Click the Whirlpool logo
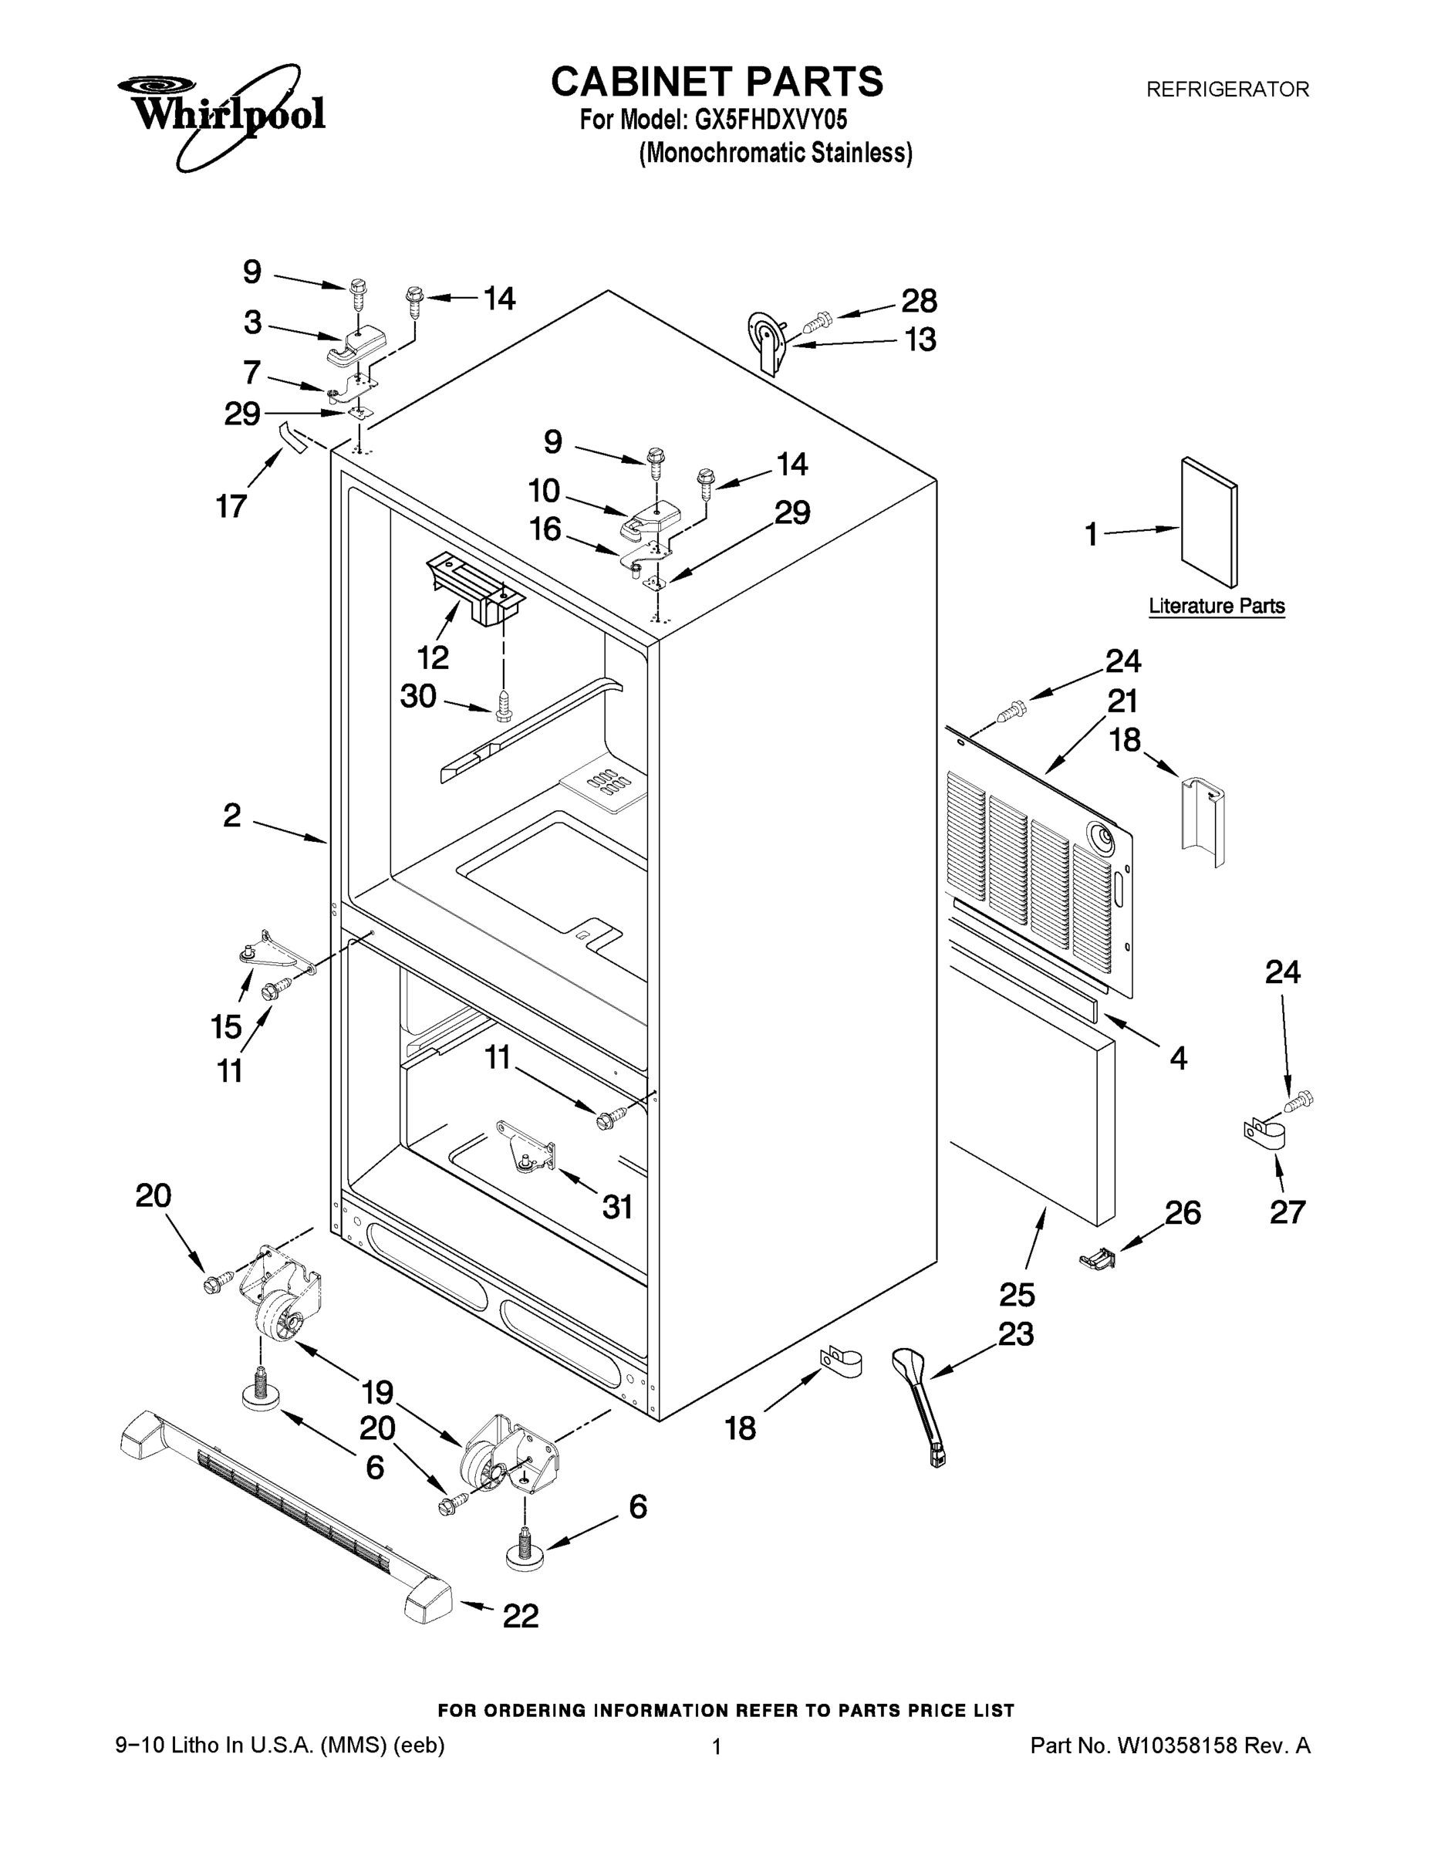[222, 114]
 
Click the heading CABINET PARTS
[717, 83]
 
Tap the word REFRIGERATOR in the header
[1227, 89]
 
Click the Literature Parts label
[1216, 606]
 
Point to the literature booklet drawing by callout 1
[1209, 522]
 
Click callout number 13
[920, 340]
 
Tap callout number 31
[617, 1207]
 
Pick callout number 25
[1017, 1295]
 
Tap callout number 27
[1286, 1212]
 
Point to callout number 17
[231, 506]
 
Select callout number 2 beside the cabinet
[232, 816]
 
